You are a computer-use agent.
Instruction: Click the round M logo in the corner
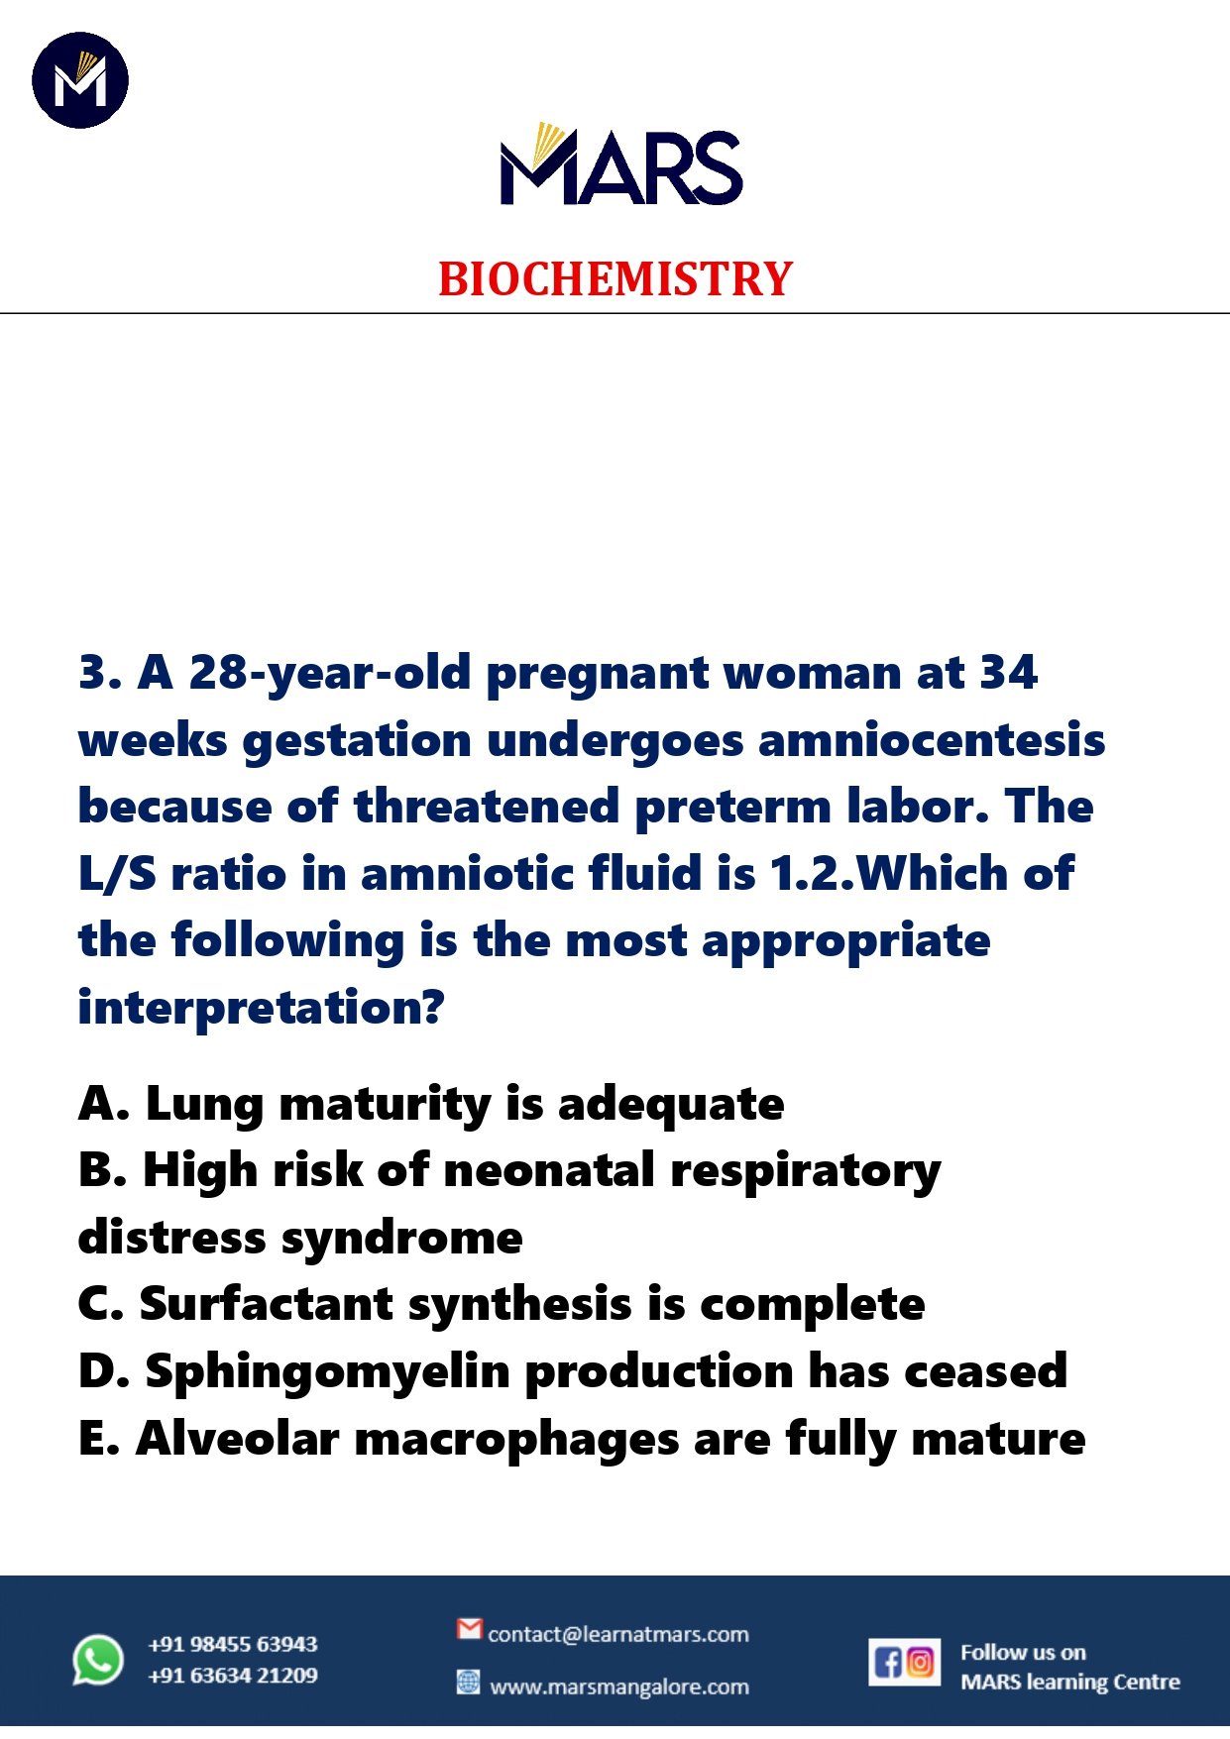pos(80,80)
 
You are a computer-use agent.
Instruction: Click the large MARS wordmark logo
pos(620,165)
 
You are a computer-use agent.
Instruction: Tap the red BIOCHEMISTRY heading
pos(615,279)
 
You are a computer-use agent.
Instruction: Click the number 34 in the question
pos(1008,673)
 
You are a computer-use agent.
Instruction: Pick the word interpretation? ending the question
pos(261,1008)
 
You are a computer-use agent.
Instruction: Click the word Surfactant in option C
pos(267,1304)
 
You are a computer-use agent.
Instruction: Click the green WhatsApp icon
pos(98,1659)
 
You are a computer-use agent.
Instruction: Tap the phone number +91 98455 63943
pos(233,1644)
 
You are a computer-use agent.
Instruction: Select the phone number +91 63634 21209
pos(233,1676)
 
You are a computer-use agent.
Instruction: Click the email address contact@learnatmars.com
pos(617,1634)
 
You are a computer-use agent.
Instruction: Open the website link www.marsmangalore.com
pos(619,1686)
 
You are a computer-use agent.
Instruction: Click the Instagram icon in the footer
pos(921,1662)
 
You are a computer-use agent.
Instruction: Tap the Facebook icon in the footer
pos(888,1662)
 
